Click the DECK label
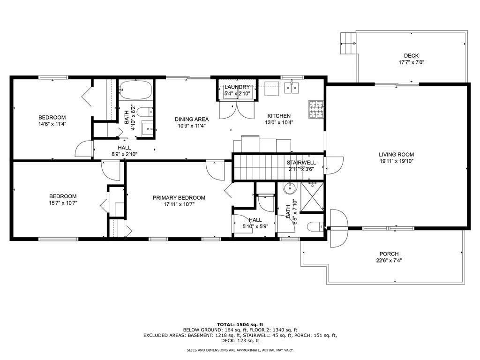[x=411, y=56]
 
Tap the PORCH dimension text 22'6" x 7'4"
[x=389, y=261]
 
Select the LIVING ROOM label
[x=397, y=155]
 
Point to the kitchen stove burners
[x=315, y=109]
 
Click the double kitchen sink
[x=291, y=87]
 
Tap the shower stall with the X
[x=312, y=197]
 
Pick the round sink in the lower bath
[x=289, y=188]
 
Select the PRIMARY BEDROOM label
[x=179, y=198]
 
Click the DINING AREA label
[x=192, y=119]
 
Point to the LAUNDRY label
[x=237, y=87]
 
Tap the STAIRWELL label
[x=301, y=163]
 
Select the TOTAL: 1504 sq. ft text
[x=240, y=324]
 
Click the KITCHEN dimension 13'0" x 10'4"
[x=279, y=122]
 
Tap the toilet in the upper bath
[x=144, y=112]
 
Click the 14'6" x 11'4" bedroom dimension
[x=52, y=124]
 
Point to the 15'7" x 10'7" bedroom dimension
[x=63, y=203]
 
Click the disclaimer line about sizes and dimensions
[x=240, y=350]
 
